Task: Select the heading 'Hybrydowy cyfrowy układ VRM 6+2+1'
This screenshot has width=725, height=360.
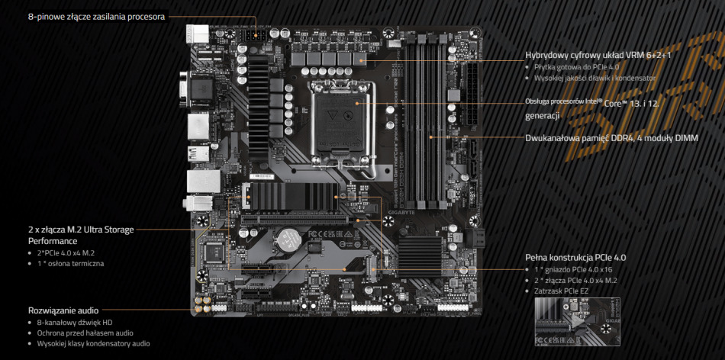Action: (x=598, y=56)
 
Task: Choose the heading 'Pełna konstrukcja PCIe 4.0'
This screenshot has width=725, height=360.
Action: (x=575, y=258)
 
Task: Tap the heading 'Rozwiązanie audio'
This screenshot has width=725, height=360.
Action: (x=63, y=310)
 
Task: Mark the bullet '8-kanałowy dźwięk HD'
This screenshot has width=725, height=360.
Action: (x=75, y=323)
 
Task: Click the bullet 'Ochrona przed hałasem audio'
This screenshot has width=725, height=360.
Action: (x=85, y=333)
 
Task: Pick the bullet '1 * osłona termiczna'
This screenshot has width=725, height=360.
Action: (x=70, y=263)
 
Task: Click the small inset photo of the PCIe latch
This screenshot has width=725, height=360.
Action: (x=567, y=323)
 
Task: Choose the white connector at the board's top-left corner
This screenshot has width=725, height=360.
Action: (x=197, y=34)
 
